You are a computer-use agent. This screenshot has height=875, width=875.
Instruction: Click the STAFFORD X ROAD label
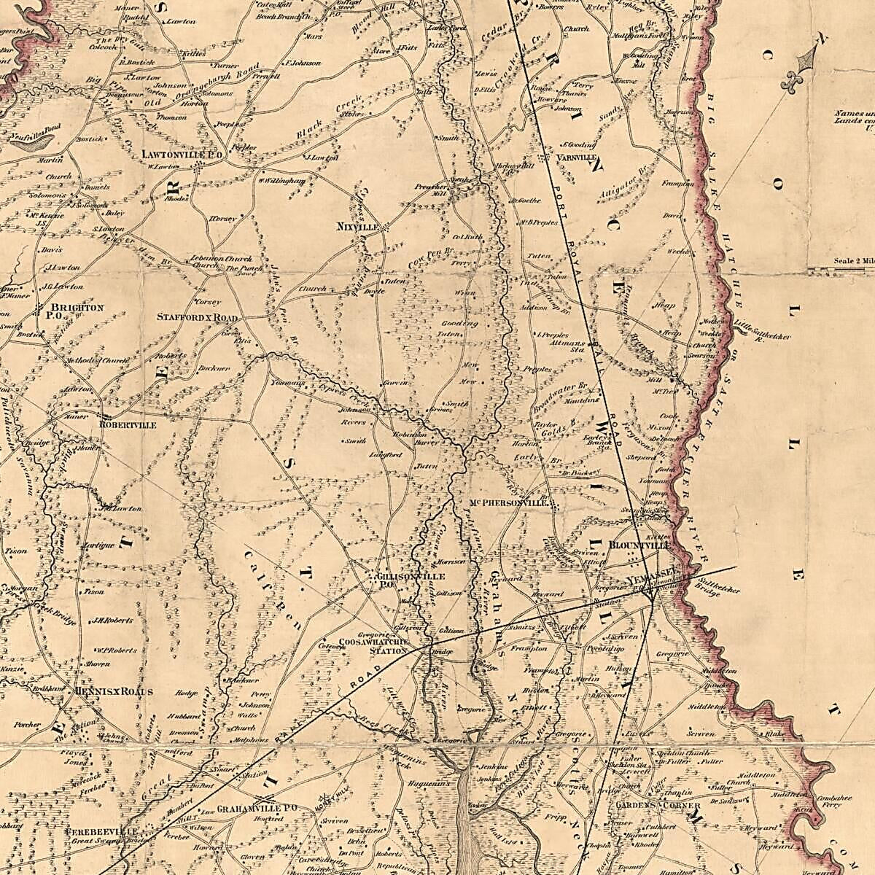[x=198, y=318]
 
